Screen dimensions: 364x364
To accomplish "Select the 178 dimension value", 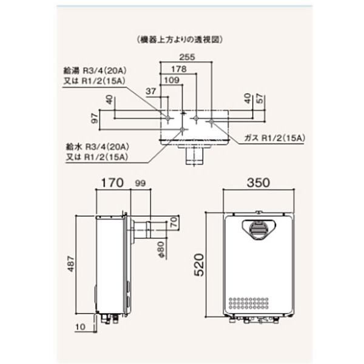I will pos(178,69).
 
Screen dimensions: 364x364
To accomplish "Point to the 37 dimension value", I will pos(152,90).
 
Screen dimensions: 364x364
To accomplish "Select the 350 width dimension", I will pos(259,183).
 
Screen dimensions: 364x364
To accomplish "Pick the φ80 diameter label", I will pos(162,249).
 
